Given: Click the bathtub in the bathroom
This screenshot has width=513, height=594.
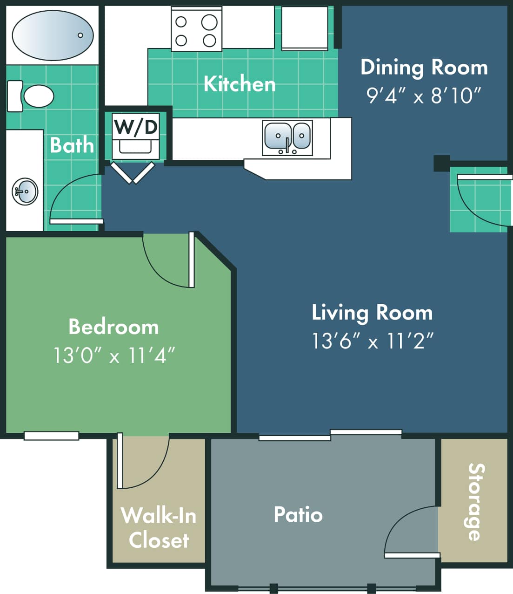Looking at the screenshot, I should [x=52, y=35].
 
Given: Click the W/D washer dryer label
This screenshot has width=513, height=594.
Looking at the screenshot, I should [x=136, y=127].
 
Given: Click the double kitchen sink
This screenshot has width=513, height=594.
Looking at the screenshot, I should [x=287, y=137].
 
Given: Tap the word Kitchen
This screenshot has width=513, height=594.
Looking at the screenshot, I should [x=240, y=84].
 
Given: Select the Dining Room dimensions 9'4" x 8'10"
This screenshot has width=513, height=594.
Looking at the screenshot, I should [x=423, y=96].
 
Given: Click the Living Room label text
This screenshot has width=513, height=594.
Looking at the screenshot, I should [x=372, y=313].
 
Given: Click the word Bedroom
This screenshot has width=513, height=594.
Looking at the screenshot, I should [x=113, y=327].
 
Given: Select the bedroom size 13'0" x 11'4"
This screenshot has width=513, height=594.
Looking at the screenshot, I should [x=113, y=356].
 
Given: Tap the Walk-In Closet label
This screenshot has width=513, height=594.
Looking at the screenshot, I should [x=159, y=528].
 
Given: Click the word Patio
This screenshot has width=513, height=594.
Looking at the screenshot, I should [x=298, y=515].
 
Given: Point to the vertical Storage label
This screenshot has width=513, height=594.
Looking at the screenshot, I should [x=475, y=502].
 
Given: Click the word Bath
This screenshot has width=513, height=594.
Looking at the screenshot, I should [x=72, y=145].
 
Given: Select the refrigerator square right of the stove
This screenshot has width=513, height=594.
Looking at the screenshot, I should [x=305, y=28].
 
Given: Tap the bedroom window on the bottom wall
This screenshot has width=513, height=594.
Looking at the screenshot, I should [x=51, y=436].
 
